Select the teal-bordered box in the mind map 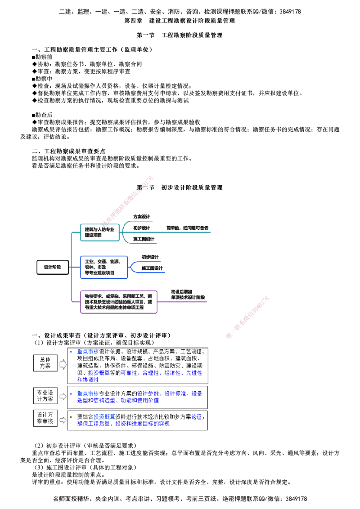pyautogui.click(x=100, y=232)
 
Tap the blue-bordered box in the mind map pyautogui.click(x=104, y=267)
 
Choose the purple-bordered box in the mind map pyautogui.click(x=119, y=302)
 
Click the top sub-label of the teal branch pyautogui.click(x=142, y=217)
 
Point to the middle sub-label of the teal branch pyautogui.click(x=142, y=228)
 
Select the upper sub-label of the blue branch pyautogui.click(x=149, y=257)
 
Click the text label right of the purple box pyautogui.click(x=187, y=295)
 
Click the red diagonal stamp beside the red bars pyautogui.click(x=247, y=317)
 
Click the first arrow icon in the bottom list pyautogui.click(x=63, y=364)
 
